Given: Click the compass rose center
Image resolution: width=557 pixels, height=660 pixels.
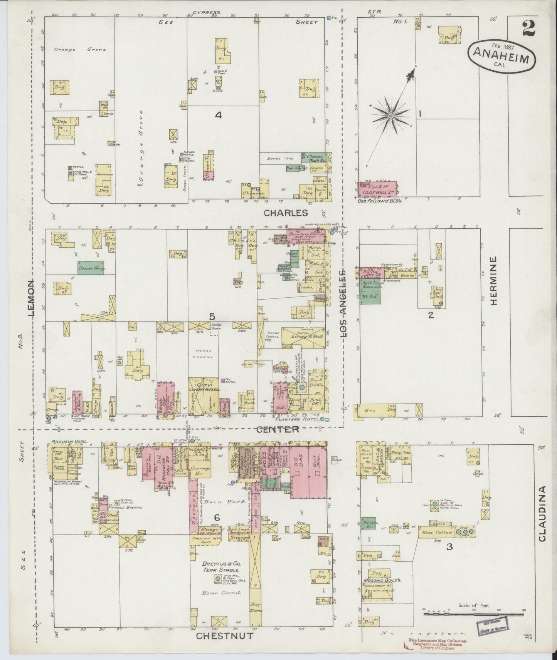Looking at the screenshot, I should [x=391, y=116].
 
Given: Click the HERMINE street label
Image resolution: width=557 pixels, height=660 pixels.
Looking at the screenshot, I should [x=495, y=281].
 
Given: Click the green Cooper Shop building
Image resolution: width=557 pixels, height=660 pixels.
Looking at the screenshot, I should [x=92, y=268].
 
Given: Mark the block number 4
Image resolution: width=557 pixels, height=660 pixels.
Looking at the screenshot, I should [x=218, y=115].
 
